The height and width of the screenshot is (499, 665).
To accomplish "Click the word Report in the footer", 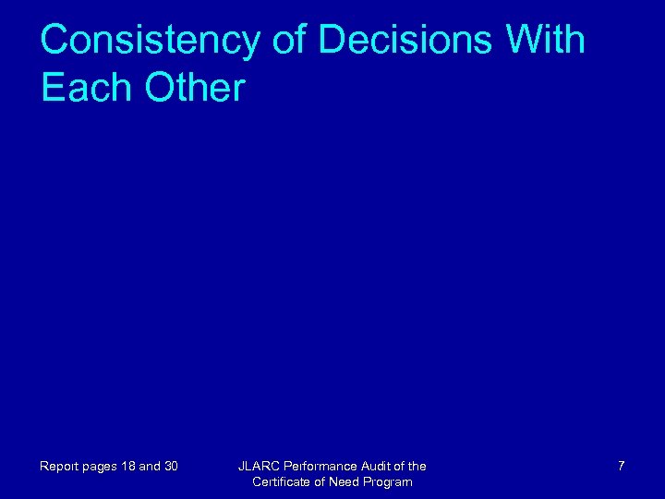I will [57, 467].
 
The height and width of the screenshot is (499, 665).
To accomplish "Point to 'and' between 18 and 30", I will [149, 467].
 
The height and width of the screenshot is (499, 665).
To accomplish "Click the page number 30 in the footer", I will [170, 467].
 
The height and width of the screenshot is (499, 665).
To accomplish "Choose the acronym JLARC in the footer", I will [258, 467].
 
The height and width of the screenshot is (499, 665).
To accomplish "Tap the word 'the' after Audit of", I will [417, 467].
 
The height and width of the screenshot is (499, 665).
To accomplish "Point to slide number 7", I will [621, 467].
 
